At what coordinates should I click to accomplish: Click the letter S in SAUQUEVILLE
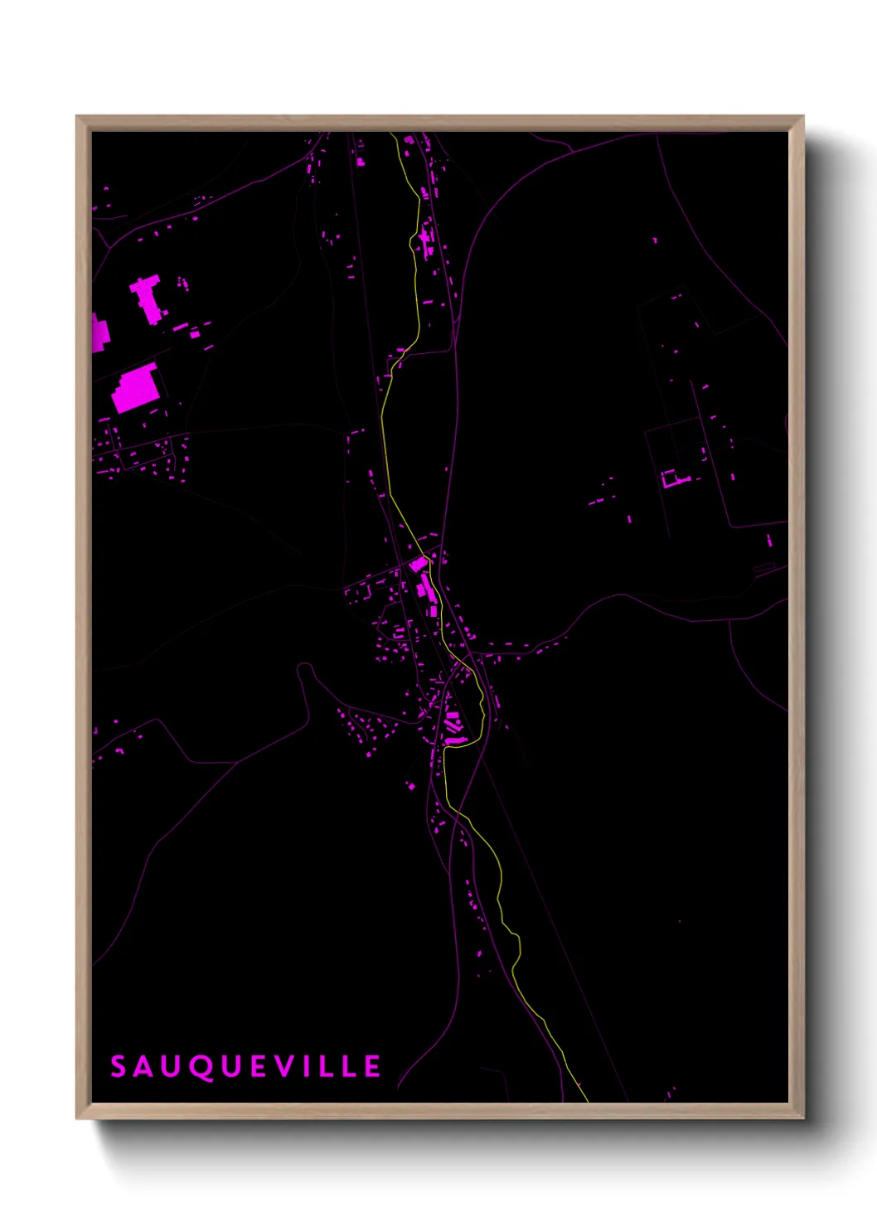pyautogui.click(x=118, y=1066)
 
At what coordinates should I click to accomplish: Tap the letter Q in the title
pyautogui.click(x=200, y=1067)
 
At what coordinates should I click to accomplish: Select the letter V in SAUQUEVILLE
pyautogui.click(x=285, y=1066)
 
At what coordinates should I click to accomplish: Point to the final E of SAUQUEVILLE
pyautogui.click(x=372, y=1066)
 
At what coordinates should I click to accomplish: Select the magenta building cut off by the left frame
pyautogui.click(x=99, y=333)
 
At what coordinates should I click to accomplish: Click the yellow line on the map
pyautogui.click(x=385, y=431)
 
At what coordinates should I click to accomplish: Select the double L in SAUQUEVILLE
pyautogui.click(x=336, y=1066)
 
